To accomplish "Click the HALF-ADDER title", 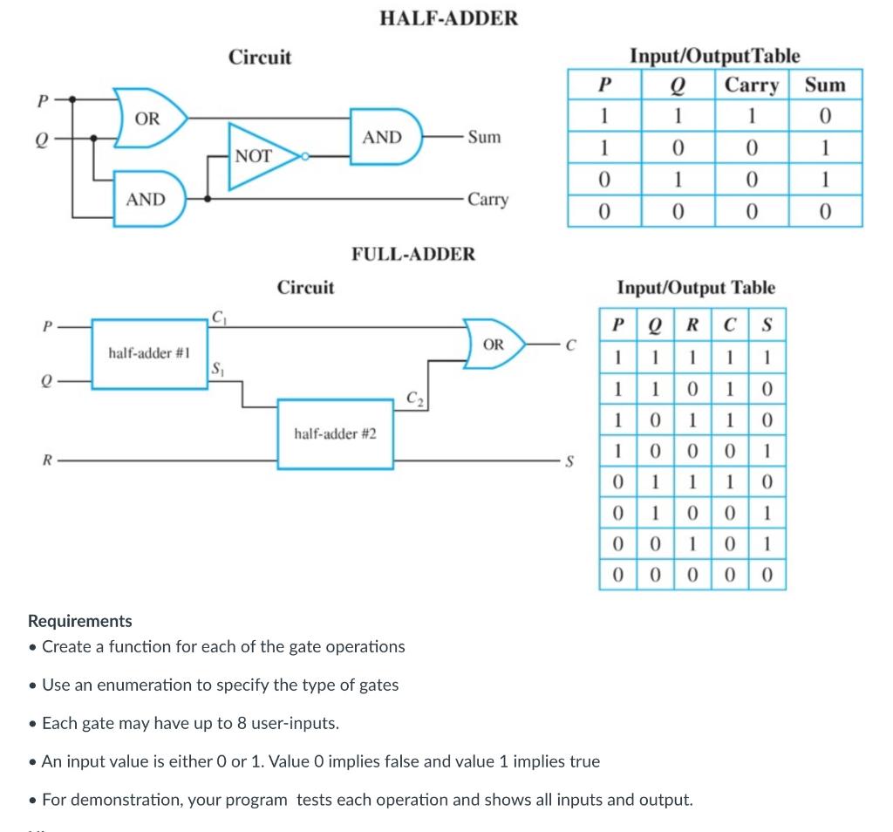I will coord(449,17).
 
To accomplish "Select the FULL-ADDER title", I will coord(413,254).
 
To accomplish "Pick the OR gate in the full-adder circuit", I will coord(494,344).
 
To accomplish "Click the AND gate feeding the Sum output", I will coord(385,137).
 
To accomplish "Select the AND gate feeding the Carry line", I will coord(147,200).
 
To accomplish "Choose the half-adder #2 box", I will coord(336,433).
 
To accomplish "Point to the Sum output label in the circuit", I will coord(484,137).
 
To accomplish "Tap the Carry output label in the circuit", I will coord(487,199).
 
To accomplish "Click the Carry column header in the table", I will coord(752,85).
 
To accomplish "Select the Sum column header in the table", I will coord(824,85).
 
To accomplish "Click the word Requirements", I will coord(80,621).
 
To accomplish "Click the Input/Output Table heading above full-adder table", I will coord(695,287).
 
